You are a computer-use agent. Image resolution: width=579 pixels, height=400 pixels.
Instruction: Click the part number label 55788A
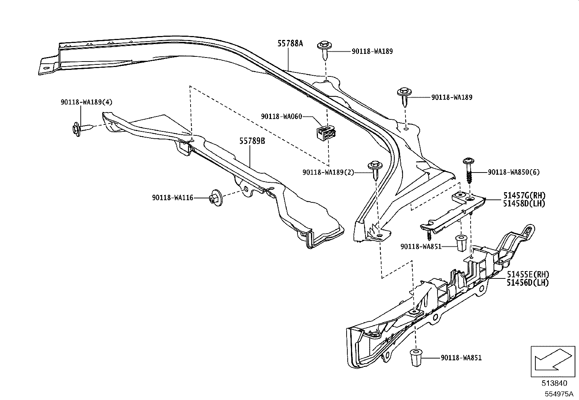pyautogui.click(x=290, y=44)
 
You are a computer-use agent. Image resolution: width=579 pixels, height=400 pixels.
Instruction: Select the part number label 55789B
pyautogui.click(x=252, y=141)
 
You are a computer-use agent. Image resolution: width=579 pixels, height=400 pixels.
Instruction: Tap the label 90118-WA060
pyautogui.click(x=281, y=116)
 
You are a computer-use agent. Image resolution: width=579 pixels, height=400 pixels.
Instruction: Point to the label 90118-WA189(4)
pyautogui.click(x=86, y=102)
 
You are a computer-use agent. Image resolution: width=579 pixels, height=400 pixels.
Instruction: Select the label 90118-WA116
pyautogui.click(x=172, y=198)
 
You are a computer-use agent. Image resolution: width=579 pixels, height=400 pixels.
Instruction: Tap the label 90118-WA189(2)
pyautogui.click(x=328, y=172)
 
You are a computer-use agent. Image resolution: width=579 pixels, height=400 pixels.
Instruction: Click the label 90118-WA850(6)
pyautogui.click(x=514, y=172)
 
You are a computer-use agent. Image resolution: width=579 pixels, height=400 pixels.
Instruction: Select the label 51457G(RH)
pyautogui.click(x=524, y=195)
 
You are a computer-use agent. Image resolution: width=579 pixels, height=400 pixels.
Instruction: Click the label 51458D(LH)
pyautogui.click(x=524, y=203)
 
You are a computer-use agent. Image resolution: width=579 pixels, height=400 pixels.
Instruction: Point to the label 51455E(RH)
pyautogui.click(x=528, y=274)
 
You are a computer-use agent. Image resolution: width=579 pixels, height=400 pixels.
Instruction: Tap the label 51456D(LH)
pyautogui.click(x=528, y=282)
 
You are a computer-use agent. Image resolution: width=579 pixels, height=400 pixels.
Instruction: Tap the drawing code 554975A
pyautogui.click(x=559, y=394)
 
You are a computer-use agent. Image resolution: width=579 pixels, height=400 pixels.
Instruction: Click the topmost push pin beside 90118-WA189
pyautogui.click(x=324, y=50)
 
